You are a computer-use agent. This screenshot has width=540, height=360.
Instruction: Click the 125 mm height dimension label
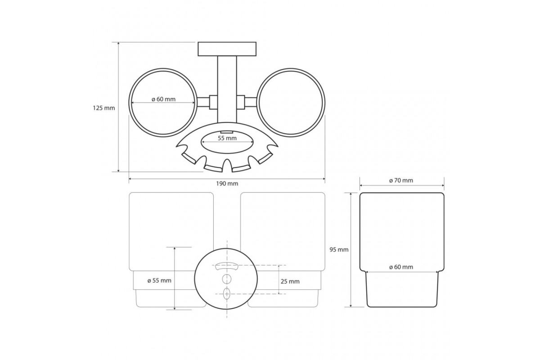(x=104, y=108)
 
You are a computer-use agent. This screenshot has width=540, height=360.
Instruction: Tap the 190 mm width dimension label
(x=227, y=184)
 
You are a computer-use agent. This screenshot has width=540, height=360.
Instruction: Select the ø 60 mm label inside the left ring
(x=163, y=99)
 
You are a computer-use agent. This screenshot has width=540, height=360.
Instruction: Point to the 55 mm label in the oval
(x=227, y=139)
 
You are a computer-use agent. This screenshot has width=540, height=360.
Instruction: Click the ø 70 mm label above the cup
(x=401, y=180)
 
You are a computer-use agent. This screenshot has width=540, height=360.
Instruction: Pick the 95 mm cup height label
(x=339, y=250)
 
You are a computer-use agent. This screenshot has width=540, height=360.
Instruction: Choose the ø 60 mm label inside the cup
(x=401, y=267)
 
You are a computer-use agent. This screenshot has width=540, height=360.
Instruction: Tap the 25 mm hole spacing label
(x=290, y=281)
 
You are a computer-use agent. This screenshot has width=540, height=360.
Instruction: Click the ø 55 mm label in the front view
(x=159, y=281)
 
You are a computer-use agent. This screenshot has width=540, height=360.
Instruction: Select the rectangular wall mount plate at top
(x=227, y=49)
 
